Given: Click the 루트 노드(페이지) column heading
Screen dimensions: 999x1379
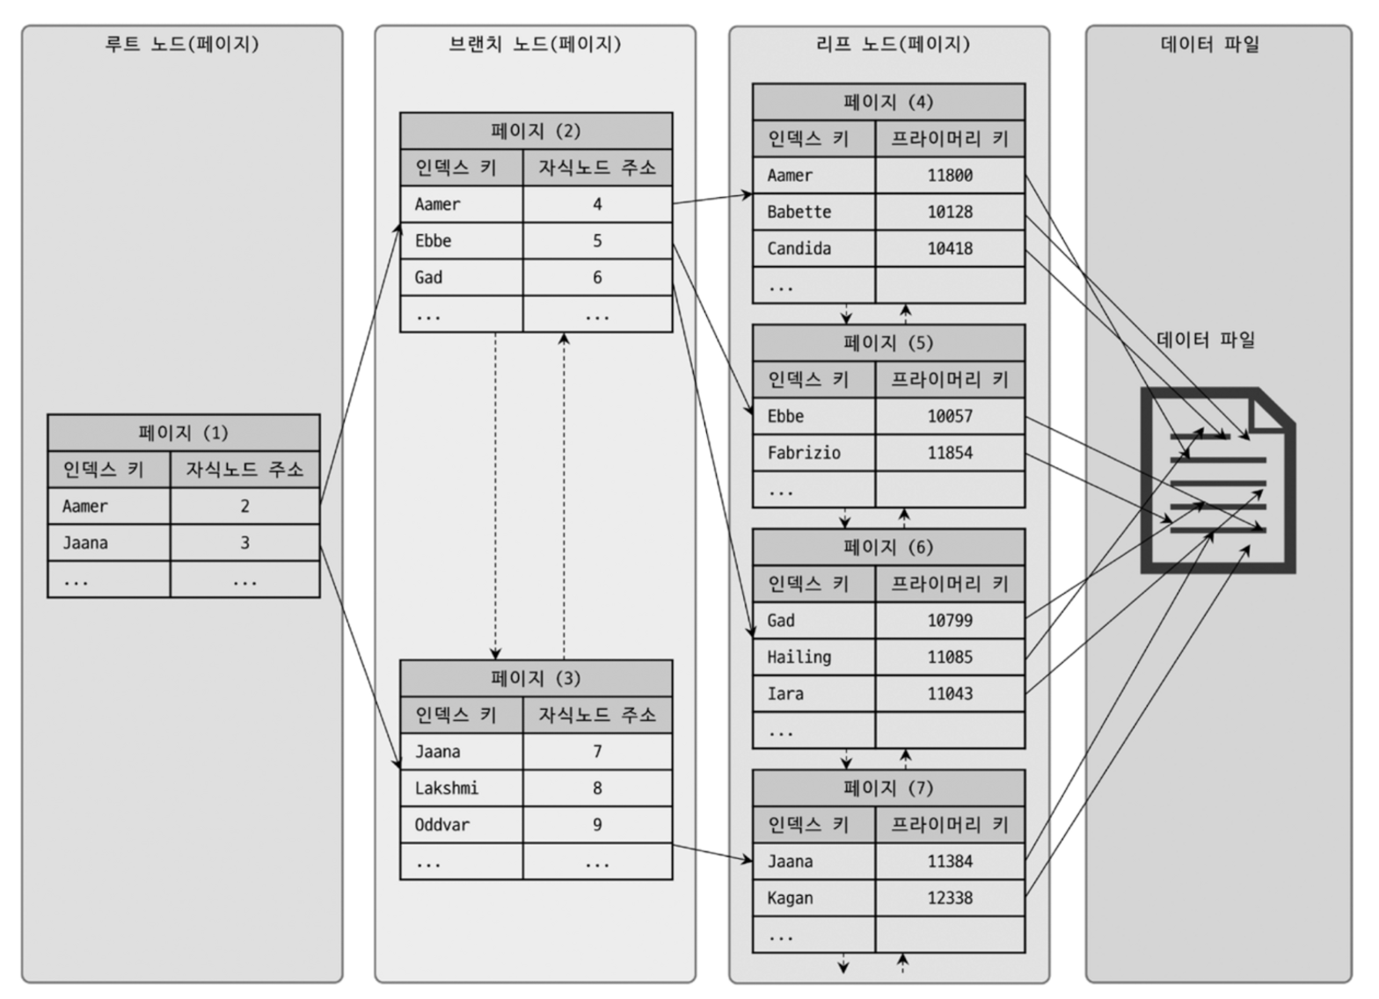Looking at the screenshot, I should click(x=182, y=44).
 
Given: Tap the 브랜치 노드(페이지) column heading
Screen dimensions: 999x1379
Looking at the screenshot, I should click(x=535, y=44).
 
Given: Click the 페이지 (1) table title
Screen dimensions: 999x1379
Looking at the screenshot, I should click(x=183, y=433).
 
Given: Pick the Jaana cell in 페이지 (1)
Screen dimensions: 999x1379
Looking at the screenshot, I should click(x=108, y=543).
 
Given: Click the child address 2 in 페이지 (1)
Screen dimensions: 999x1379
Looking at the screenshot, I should click(x=244, y=507).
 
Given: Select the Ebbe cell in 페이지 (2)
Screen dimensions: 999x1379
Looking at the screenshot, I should click(x=461, y=241).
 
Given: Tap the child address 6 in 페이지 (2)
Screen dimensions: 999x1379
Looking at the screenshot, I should click(x=597, y=278).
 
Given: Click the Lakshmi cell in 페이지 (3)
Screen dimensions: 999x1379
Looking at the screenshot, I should click(x=461, y=788).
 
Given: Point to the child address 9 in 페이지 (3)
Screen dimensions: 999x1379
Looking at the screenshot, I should click(x=597, y=825).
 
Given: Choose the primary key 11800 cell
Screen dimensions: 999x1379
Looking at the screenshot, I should click(x=950, y=175).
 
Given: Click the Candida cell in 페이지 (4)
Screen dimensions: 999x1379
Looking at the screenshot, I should click(x=814, y=249).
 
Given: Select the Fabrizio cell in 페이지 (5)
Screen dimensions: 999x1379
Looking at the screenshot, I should click(x=814, y=453).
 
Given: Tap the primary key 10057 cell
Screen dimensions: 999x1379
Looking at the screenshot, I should click(x=950, y=416).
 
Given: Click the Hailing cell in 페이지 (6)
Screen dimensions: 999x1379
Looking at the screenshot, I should click(x=814, y=657).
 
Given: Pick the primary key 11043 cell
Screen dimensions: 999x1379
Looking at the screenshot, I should click(x=950, y=694).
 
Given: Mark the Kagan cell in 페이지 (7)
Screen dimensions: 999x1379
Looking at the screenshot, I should click(x=814, y=898).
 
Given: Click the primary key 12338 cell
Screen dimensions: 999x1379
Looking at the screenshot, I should click(x=950, y=898).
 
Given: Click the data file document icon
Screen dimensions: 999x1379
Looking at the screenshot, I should click(x=1218, y=480).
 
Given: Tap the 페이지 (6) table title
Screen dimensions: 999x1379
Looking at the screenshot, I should click(x=888, y=547).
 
